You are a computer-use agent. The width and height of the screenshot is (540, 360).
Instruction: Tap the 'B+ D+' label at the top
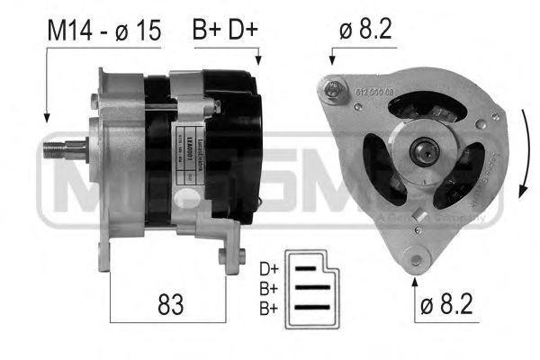224,30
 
